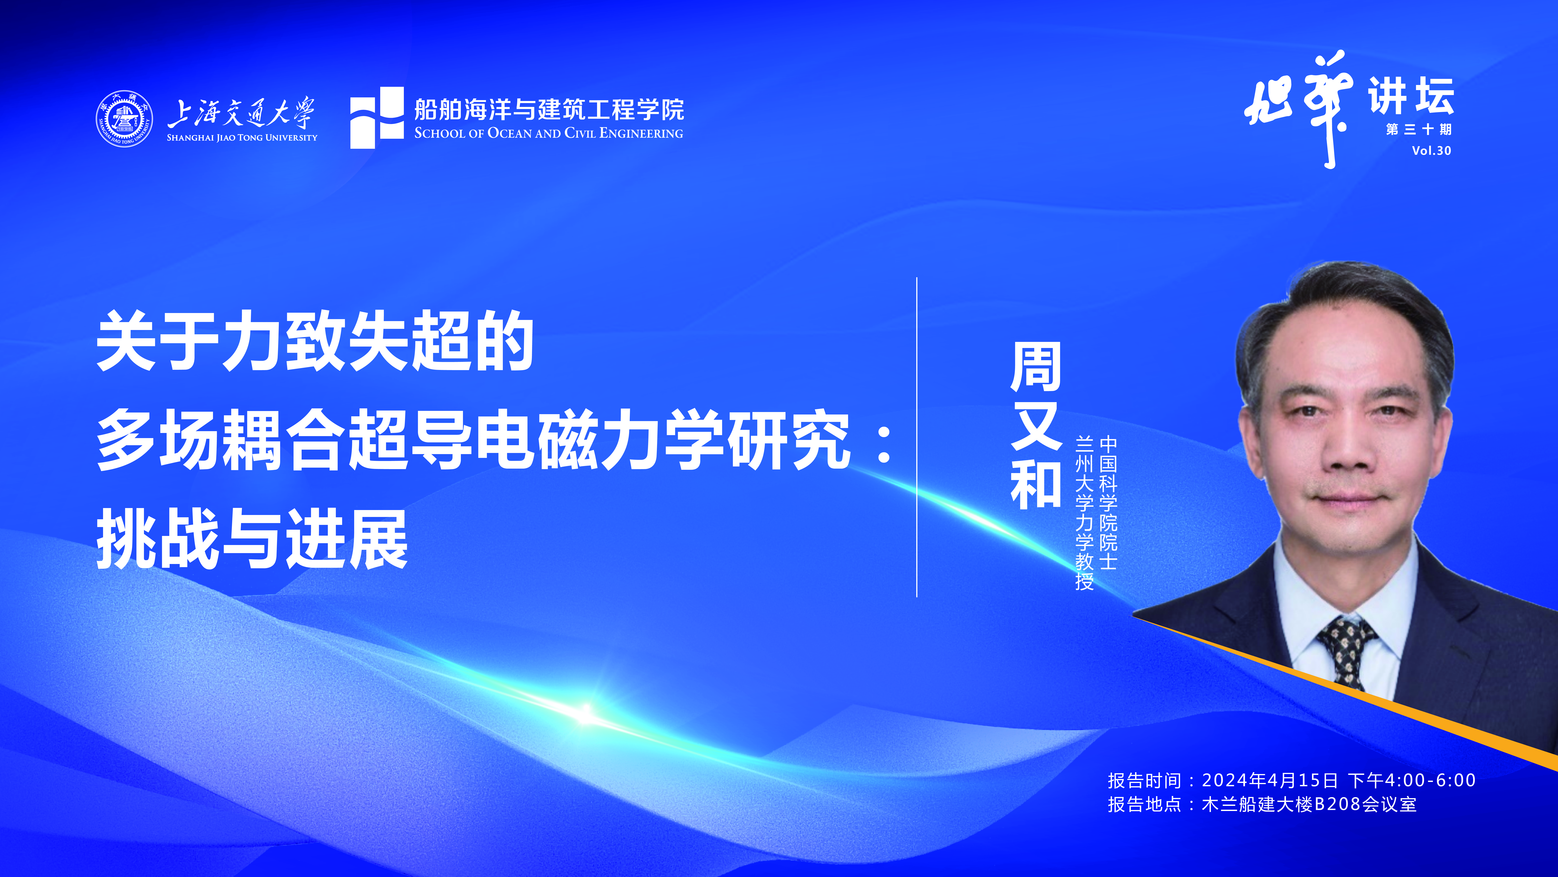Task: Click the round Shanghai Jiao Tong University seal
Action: [x=124, y=119]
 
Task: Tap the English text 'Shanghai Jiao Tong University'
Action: [x=242, y=137]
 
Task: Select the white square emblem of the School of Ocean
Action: [x=377, y=117]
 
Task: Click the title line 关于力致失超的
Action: [x=315, y=341]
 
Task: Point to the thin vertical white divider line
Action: [x=917, y=437]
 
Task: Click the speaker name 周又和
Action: [x=1036, y=425]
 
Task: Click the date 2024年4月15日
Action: [x=1269, y=780]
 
